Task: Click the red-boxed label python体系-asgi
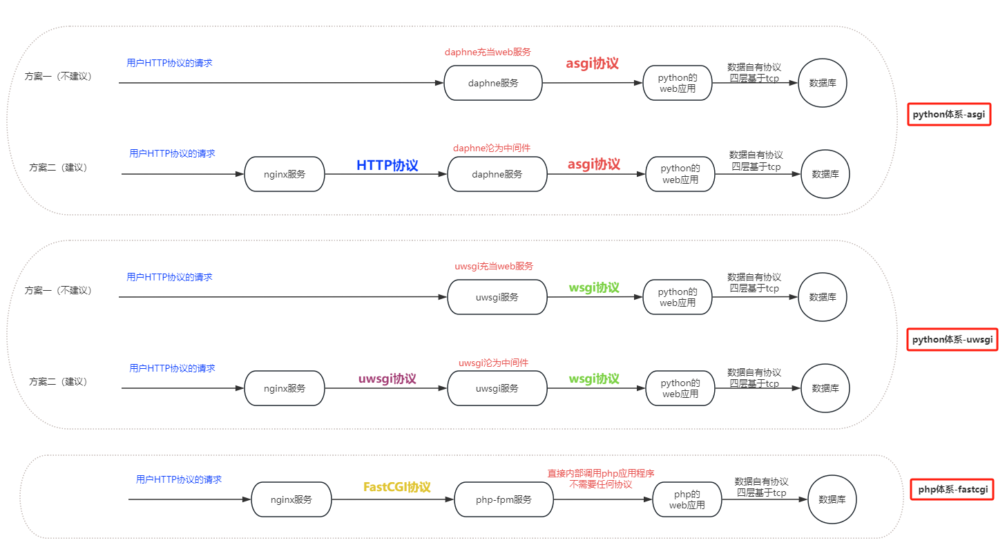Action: coord(949,115)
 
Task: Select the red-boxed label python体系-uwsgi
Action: coord(952,339)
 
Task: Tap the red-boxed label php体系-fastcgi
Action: coord(952,490)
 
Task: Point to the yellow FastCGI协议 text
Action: coord(397,487)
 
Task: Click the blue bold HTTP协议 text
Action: coord(387,166)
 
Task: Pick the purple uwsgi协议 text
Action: coord(387,379)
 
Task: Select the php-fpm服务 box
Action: coord(504,499)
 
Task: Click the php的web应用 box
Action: coord(687,499)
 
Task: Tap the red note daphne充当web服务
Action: coord(488,52)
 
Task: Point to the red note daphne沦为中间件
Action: coord(492,148)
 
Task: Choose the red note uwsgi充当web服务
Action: coord(494,266)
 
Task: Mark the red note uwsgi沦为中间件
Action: coord(493,363)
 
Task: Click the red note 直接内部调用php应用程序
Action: coord(601,473)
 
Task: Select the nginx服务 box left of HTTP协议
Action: coord(285,174)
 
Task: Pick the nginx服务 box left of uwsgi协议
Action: coord(285,388)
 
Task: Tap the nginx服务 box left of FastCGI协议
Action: coord(291,499)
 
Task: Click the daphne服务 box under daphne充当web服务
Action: coord(493,83)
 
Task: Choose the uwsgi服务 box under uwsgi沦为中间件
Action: coord(497,388)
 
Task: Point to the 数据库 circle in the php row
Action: coord(832,499)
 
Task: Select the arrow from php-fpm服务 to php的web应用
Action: coord(603,499)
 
